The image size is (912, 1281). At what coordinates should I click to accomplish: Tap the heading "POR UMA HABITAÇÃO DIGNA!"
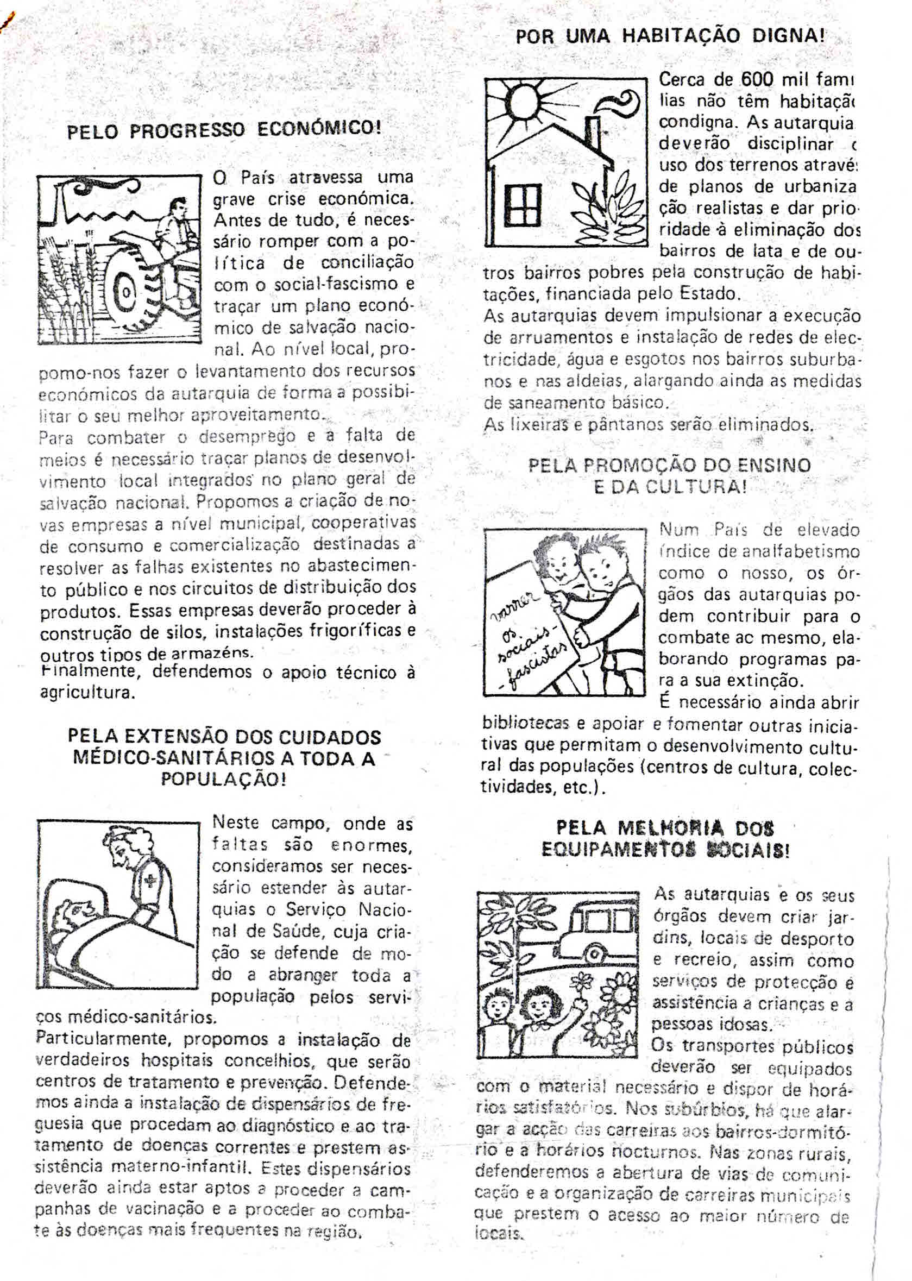coord(670,36)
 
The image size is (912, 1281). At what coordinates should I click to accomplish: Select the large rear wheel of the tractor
coord(130,292)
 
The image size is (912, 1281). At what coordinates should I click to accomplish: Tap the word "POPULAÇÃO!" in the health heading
coord(223,780)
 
